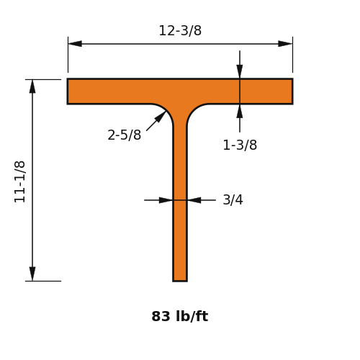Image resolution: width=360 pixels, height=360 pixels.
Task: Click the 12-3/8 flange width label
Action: pos(180,31)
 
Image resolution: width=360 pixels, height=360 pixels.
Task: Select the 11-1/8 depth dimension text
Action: pos(19,181)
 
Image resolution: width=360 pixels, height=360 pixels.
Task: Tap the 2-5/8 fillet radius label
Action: pos(124,135)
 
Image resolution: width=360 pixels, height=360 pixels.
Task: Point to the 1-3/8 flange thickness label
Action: pos(240,145)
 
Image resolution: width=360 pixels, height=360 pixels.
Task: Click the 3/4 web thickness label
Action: pos(233,199)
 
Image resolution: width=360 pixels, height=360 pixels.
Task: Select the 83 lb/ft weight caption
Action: pos(180,316)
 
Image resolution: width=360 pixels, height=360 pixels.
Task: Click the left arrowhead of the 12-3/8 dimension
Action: pos(75,44)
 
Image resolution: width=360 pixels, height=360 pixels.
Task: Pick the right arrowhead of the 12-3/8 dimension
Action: pos(285,44)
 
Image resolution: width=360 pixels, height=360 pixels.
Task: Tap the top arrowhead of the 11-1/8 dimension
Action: pos(32,86)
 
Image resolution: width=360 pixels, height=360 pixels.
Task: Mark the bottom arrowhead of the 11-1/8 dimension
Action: pos(32,274)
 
